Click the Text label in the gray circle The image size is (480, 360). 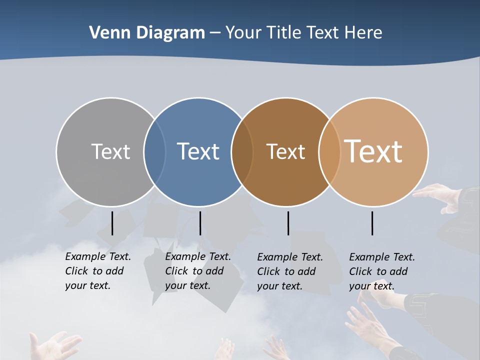click(110, 151)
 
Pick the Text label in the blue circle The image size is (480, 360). click(198, 151)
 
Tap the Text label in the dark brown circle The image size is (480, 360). click(285, 151)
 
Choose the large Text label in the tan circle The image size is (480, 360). click(373, 151)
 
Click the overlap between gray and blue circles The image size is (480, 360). click(154, 152)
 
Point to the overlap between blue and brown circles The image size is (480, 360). click(242, 152)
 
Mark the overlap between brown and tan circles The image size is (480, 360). click(329, 152)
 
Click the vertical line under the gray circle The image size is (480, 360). click(112, 223)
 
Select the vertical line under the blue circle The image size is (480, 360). click(200, 223)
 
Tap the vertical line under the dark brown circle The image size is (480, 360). click(288, 223)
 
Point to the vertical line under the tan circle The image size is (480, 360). click(372, 223)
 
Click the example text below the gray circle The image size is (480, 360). click(98, 271)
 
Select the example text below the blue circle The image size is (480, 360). click(198, 271)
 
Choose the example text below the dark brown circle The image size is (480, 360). click(290, 271)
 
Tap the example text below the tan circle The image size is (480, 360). click(382, 271)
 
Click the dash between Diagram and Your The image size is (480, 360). click(215, 33)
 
